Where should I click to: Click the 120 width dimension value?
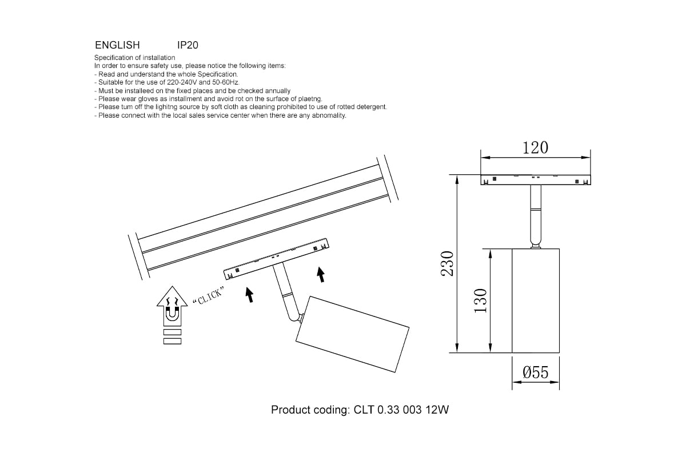point(535,148)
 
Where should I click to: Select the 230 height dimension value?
point(447,263)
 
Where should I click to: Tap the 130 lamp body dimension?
point(481,300)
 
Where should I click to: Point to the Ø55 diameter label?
point(535,372)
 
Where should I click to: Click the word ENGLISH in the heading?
point(117,45)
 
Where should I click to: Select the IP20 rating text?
point(188,45)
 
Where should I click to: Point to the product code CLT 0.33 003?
point(388,410)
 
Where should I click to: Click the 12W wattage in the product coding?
point(437,410)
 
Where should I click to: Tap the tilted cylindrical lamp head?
point(352,334)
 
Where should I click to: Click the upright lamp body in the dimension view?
point(536,300)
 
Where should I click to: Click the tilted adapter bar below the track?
point(276,259)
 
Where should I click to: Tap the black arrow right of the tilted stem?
point(321,275)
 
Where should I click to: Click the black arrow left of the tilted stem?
point(250,295)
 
